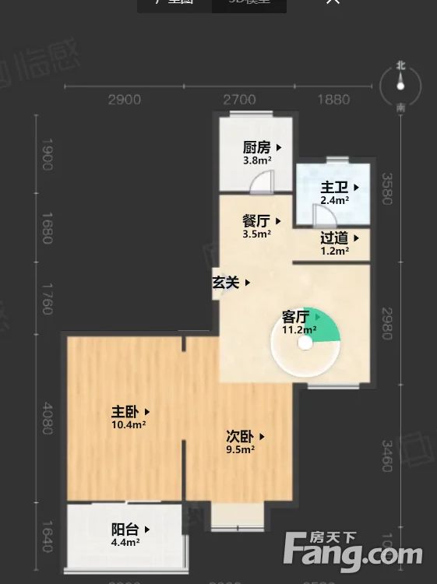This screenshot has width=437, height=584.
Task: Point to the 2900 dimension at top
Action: tap(125, 99)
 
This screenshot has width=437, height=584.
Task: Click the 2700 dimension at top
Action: tap(240, 99)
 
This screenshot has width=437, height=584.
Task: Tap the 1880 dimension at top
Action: tap(333, 99)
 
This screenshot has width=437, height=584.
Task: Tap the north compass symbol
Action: tap(400, 87)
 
